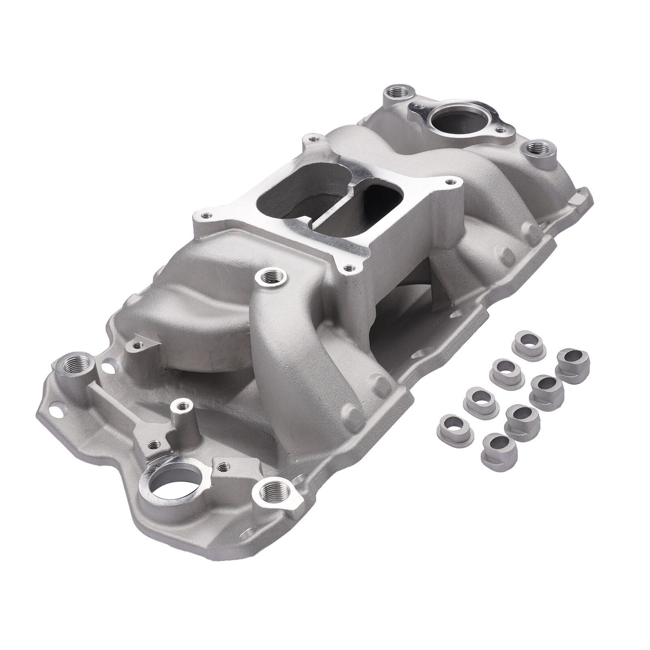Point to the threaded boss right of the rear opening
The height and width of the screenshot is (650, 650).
[540, 150]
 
